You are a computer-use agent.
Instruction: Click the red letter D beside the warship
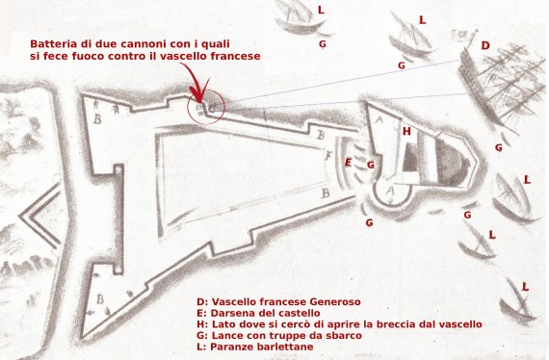tap(485, 45)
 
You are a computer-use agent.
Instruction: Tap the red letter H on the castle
tap(407, 131)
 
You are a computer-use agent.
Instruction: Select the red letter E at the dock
tap(348, 163)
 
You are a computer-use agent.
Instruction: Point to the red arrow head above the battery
tap(198, 96)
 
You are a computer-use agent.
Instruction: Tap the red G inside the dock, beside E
tap(370, 165)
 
